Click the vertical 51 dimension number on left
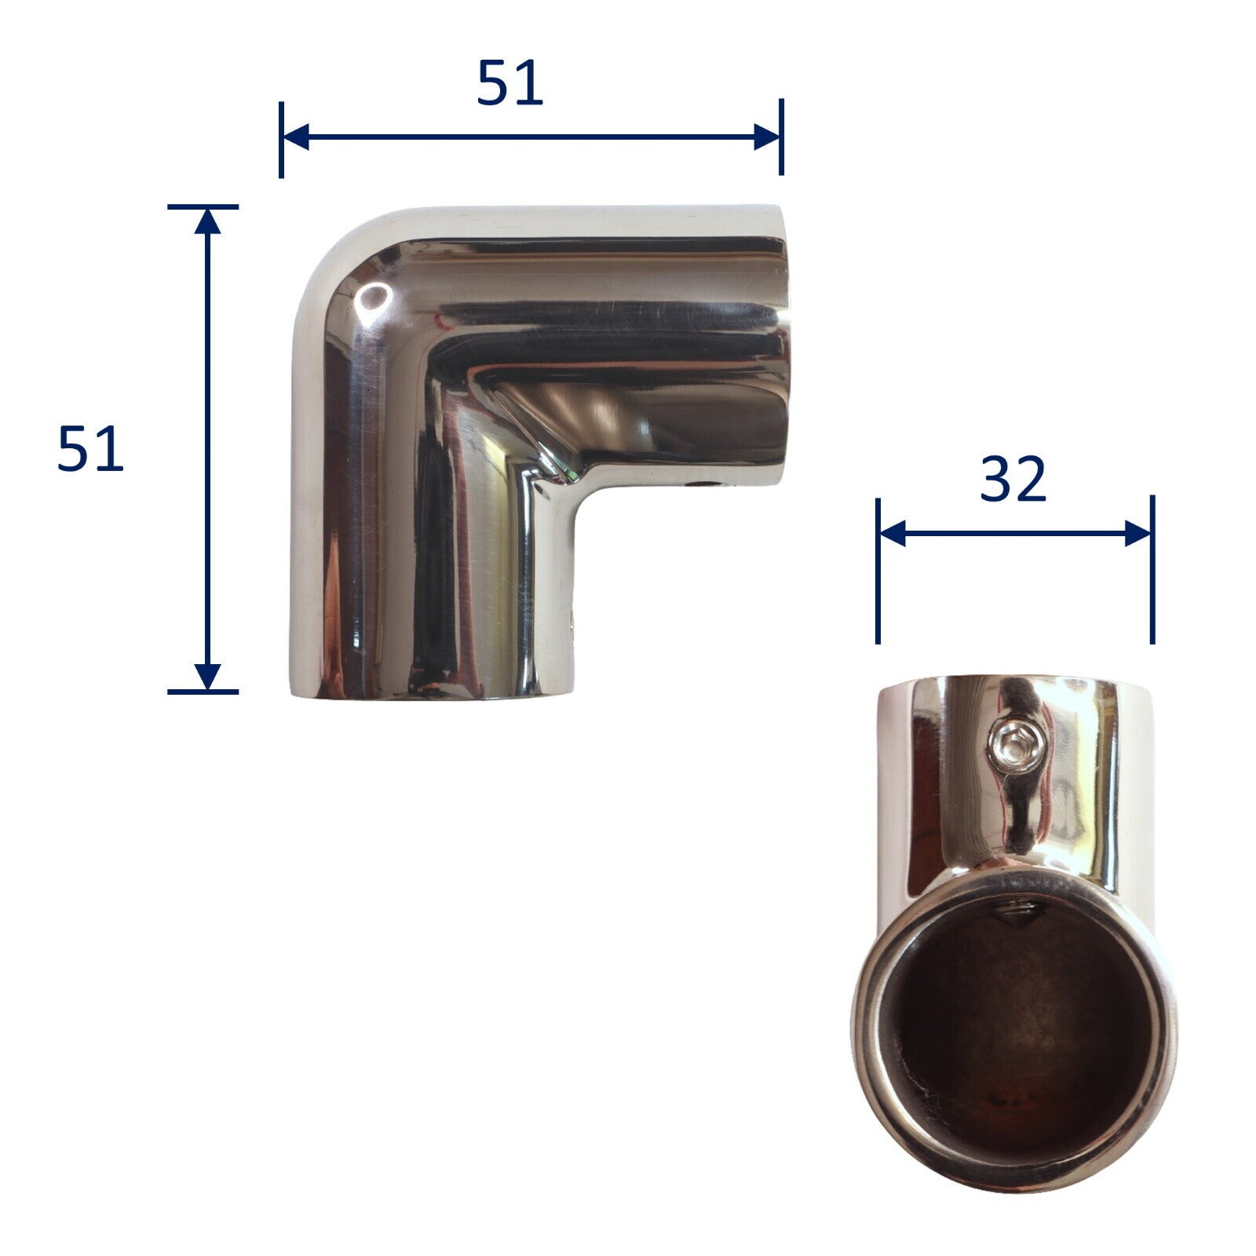(x=90, y=449)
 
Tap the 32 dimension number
(x=1013, y=479)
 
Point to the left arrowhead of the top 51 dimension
(x=295, y=137)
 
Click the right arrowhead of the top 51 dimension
(x=767, y=137)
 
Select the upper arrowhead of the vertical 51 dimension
(x=207, y=222)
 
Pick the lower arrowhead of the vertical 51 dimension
(x=207, y=676)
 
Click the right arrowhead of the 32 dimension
(x=1138, y=534)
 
